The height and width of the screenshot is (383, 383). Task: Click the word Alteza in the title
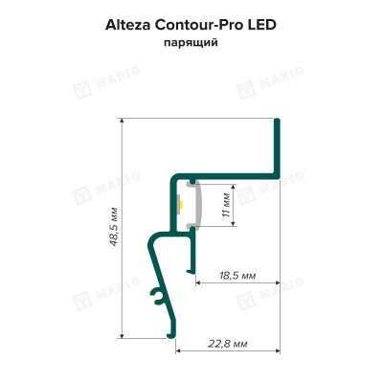pyautogui.click(x=128, y=25)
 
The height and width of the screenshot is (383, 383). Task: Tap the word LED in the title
pyautogui.click(x=262, y=25)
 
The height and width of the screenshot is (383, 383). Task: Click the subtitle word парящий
pyautogui.click(x=191, y=43)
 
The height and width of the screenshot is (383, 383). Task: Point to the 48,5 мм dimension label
pyautogui.click(x=114, y=227)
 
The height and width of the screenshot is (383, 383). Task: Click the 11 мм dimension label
pyautogui.click(x=226, y=205)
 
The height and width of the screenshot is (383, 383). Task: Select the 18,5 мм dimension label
pyautogui.click(x=237, y=275)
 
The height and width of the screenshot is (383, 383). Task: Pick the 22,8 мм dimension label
pyautogui.click(x=228, y=344)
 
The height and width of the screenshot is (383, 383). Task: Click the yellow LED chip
pyautogui.click(x=181, y=204)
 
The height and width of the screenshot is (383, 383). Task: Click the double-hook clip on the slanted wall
pyautogui.click(x=157, y=297)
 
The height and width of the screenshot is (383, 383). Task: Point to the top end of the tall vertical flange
pyautogui.click(x=277, y=120)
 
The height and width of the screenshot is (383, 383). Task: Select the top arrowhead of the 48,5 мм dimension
pyautogui.click(x=122, y=121)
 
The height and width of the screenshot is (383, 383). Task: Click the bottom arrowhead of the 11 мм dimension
pyautogui.click(x=234, y=224)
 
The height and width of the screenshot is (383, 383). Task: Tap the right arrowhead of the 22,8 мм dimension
pyautogui.click(x=278, y=351)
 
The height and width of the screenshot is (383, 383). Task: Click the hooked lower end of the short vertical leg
pyautogui.click(x=191, y=271)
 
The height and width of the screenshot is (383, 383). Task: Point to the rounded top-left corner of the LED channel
pyautogui.click(x=173, y=178)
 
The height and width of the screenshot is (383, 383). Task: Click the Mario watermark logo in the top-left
pyautogui.click(x=81, y=91)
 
